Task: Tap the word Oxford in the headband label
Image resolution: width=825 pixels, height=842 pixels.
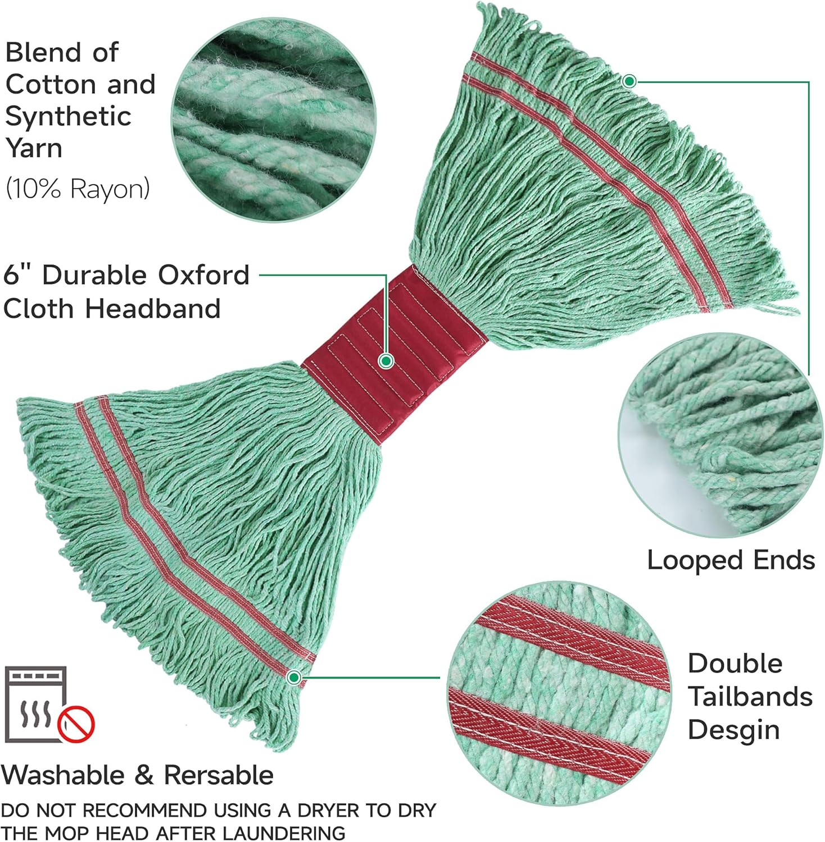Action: (x=202, y=275)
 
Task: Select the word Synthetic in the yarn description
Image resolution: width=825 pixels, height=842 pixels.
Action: (x=68, y=117)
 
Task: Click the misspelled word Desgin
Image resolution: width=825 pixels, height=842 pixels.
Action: (x=733, y=730)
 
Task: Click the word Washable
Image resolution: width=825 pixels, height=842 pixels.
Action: (x=62, y=775)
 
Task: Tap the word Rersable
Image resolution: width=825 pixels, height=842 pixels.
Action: (x=219, y=775)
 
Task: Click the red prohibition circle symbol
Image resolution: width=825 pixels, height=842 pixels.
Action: (x=76, y=724)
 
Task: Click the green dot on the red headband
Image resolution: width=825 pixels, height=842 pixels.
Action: (x=386, y=361)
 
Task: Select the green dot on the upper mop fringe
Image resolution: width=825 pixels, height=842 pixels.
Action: (x=629, y=81)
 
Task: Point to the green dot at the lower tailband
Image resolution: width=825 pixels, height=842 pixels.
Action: (x=293, y=678)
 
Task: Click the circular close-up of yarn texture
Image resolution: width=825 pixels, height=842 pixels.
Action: (x=274, y=120)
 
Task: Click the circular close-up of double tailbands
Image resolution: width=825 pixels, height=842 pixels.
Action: (x=560, y=693)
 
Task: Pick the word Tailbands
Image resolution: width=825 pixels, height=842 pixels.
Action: (x=750, y=697)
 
